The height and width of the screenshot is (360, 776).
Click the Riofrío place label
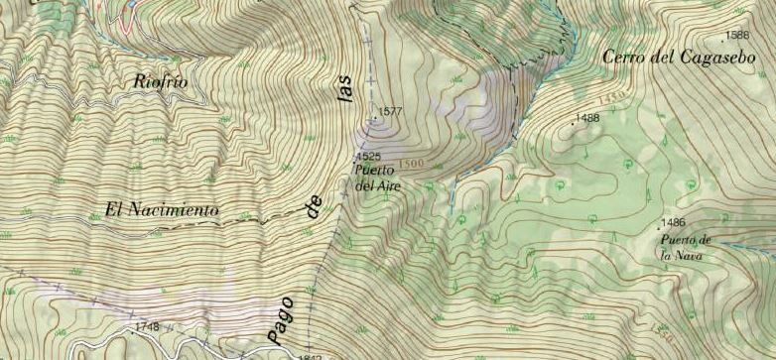tap(160, 82)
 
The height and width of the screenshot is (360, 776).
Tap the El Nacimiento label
tap(161, 210)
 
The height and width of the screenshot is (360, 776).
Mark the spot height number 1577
tap(388, 111)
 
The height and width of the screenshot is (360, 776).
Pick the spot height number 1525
tap(370, 157)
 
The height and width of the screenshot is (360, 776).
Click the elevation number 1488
tap(588, 118)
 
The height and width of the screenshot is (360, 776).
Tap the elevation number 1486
tap(674, 221)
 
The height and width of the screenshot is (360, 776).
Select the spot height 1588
tap(737, 36)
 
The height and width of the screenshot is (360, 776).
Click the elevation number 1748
tap(148, 326)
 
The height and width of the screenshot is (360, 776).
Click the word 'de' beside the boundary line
tap(316, 207)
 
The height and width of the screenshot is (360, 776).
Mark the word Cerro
tap(623, 58)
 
